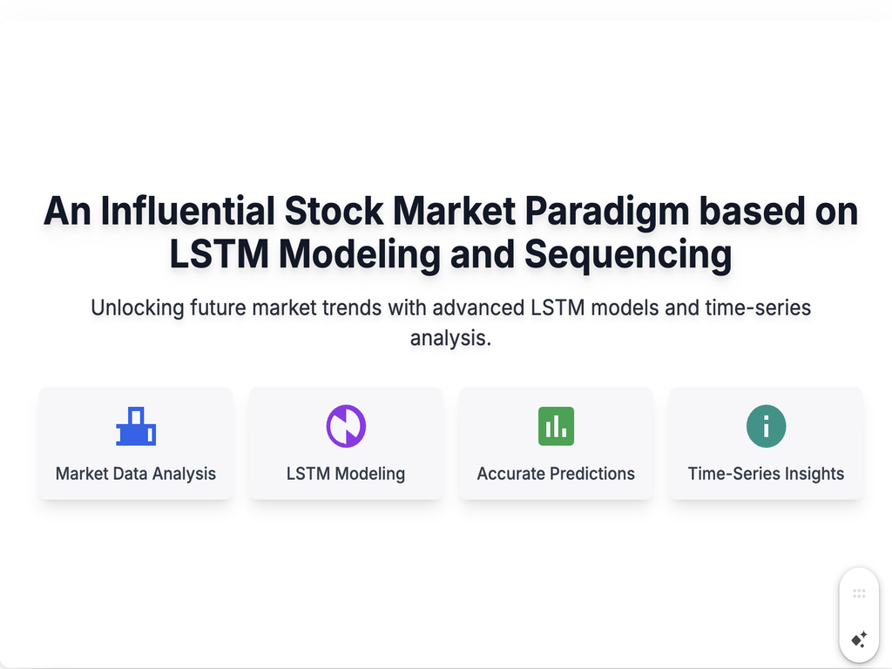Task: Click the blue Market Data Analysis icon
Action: (136, 426)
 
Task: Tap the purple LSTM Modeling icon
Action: (346, 426)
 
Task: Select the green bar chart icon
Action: (556, 426)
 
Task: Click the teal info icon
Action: (767, 426)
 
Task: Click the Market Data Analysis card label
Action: (136, 474)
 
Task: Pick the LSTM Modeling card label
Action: (346, 474)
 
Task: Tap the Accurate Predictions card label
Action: (556, 474)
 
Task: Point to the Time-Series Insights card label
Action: (767, 474)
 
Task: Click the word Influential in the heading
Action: (188, 211)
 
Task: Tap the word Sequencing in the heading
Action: (628, 255)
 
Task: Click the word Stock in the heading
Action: (334, 211)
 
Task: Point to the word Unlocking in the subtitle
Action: (138, 308)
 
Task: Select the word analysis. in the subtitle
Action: (450, 339)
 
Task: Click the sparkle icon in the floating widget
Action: (860, 639)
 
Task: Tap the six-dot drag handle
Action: (859, 594)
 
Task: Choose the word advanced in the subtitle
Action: (478, 307)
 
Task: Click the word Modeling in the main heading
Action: (360, 255)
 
